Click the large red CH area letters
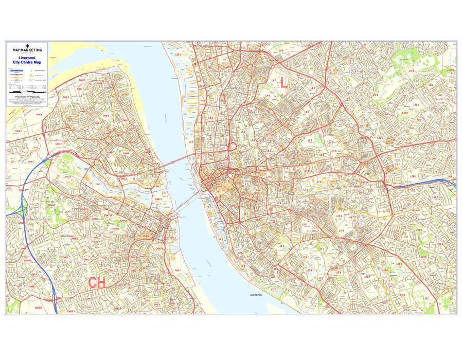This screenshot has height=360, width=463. pyautogui.click(x=97, y=283)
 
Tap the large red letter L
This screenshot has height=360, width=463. pyautogui.click(x=283, y=85)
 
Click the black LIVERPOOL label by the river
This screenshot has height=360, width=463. pyautogui.click(x=256, y=296)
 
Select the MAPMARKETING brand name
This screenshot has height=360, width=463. pyautogui.click(x=27, y=50)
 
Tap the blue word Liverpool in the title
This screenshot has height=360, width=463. pyautogui.click(x=27, y=59)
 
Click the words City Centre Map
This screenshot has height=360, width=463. pyautogui.click(x=27, y=63)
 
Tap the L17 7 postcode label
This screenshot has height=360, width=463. pyautogui.click(x=273, y=290)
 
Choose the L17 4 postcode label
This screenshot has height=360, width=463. pyautogui.click(x=309, y=270)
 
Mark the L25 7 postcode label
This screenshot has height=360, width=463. pyautogui.click(x=426, y=298)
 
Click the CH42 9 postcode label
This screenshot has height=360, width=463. pyautogui.click(x=117, y=309)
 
